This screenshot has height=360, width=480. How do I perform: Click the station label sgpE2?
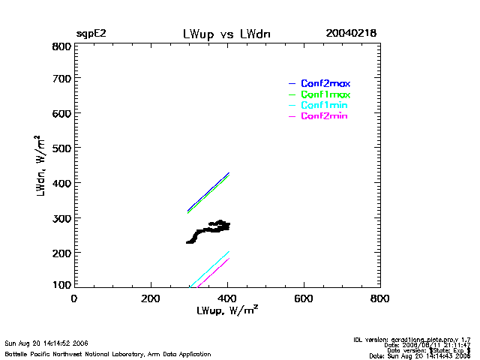tap(91, 34)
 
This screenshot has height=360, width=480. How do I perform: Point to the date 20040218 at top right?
tap(351, 34)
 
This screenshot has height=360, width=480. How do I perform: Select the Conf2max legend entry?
tap(325, 83)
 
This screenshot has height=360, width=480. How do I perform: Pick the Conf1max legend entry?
tap(325, 94)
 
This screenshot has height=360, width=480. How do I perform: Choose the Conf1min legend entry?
tap(324, 106)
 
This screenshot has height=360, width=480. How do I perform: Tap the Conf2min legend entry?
tap(324, 116)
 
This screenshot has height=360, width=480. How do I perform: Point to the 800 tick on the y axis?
tap(61, 46)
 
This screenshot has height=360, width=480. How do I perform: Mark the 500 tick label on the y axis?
tap(61, 148)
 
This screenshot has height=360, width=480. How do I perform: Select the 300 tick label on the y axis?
tap(61, 218)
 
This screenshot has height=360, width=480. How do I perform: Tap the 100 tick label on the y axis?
tap(61, 286)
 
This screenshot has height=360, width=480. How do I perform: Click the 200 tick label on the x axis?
tap(151, 298)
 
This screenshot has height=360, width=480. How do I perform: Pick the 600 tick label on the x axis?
tap(304, 298)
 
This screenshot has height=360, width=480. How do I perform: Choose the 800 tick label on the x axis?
tap(380, 298)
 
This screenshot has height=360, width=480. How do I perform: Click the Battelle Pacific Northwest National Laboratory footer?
tap(108, 354)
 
